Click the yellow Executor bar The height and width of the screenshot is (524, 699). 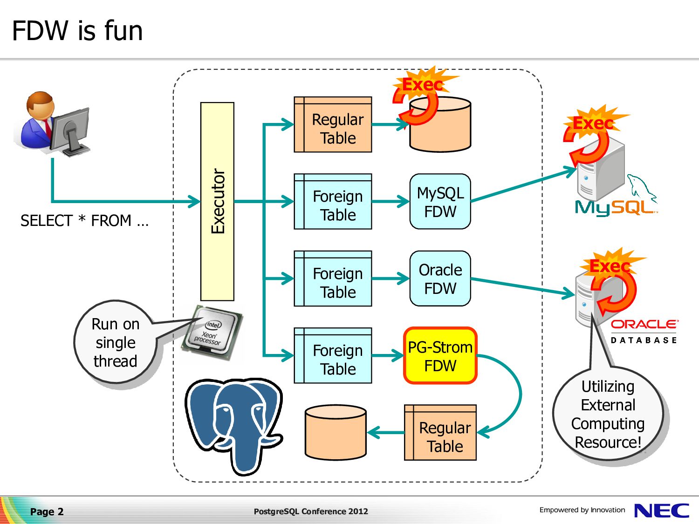click(x=217, y=201)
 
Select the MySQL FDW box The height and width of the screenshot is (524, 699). click(x=440, y=201)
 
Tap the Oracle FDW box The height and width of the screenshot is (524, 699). click(x=440, y=279)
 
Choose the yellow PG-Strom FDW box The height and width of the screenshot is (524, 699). click(x=440, y=355)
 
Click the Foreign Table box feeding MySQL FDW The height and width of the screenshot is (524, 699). click(x=333, y=201)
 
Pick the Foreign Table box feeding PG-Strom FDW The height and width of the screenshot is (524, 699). click(x=333, y=355)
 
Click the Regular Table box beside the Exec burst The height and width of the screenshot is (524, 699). click(x=333, y=124)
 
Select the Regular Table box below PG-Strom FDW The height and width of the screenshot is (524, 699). click(x=440, y=432)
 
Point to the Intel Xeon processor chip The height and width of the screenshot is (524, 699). click(x=212, y=333)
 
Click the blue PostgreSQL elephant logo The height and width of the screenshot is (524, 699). click(x=234, y=426)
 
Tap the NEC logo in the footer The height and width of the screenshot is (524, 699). click(x=662, y=511)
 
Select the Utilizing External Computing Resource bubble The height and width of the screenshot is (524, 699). click(x=608, y=414)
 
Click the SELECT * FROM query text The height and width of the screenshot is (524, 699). click(x=84, y=220)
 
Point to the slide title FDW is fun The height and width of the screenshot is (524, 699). click(x=77, y=31)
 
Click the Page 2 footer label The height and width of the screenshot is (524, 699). click(x=47, y=511)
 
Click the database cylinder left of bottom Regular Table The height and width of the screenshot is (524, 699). click(x=336, y=432)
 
